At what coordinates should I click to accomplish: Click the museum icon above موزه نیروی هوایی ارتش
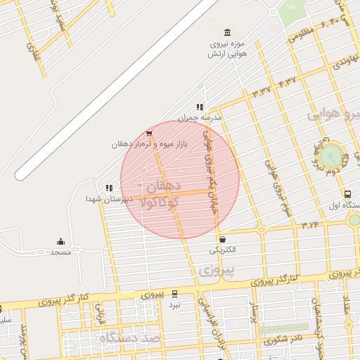click(x=226, y=32)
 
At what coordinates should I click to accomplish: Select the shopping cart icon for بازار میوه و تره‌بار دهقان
click(x=148, y=133)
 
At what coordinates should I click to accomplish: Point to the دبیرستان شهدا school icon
click(x=108, y=188)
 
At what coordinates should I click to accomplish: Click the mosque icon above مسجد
click(x=60, y=240)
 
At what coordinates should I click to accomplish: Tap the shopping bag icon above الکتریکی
click(x=222, y=238)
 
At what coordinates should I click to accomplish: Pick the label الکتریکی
click(x=222, y=250)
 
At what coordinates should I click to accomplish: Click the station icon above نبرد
click(x=174, y=294)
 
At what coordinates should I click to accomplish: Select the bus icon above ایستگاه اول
click(x=347, y=194)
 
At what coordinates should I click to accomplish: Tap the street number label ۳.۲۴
click(x=309, y=225)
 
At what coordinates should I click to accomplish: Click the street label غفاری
click(x=30, y=49)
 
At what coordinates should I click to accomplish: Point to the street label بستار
click(x=255, y=309)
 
